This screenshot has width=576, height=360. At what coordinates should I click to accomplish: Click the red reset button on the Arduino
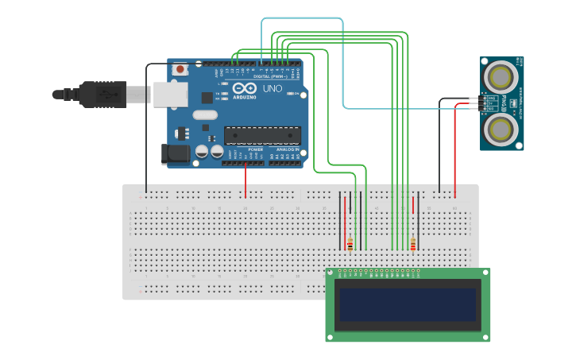pos(180,69)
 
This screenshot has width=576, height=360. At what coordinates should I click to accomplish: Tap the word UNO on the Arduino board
pos(273,88)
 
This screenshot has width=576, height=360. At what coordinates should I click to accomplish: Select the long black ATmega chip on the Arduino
pos(262,136)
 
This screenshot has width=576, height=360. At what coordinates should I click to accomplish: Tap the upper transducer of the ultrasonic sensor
pos(502,77)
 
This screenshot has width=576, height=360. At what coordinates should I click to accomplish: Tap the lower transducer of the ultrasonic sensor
pos(502,128)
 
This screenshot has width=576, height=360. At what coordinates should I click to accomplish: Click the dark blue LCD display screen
pos(408,304)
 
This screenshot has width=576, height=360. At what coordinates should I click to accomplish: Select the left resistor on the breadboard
pos(350,244)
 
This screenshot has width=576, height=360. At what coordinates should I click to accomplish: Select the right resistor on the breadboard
pos(413,244)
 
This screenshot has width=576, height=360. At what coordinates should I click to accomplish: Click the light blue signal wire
pos(342,64)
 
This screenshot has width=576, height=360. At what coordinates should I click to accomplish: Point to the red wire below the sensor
pos(455,151)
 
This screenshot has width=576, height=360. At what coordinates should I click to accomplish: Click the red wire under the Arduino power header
pos(245,181)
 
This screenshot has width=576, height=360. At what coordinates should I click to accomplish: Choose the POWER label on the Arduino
pos(255,149)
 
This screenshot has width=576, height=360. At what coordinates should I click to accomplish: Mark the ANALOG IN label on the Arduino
pos(287,149)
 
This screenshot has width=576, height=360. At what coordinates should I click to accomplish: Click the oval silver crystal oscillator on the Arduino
pos(204,114)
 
